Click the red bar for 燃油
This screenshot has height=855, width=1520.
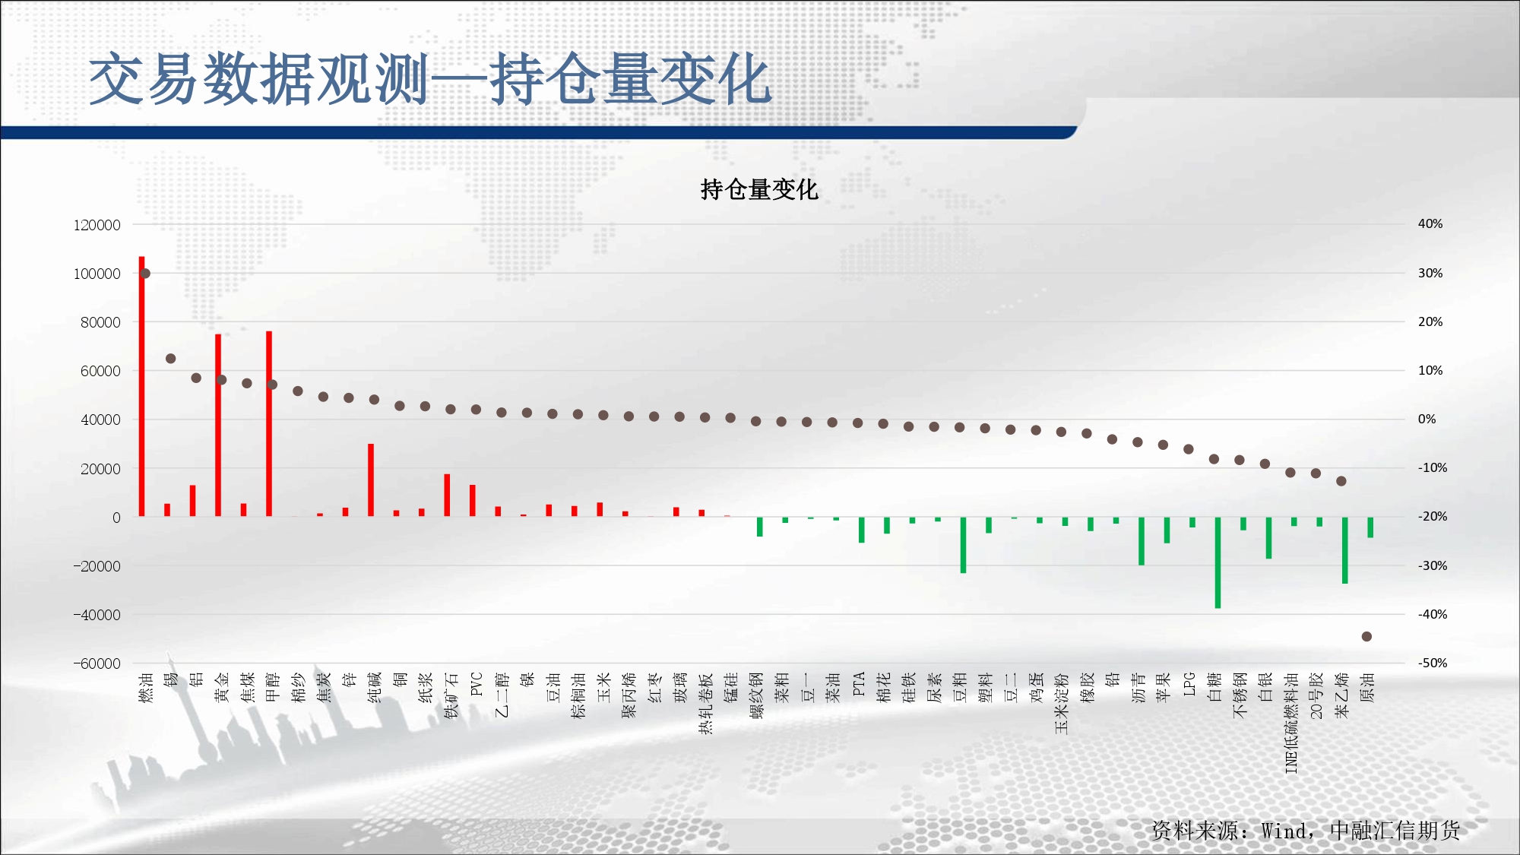point(141,387)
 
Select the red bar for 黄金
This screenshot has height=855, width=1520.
point(218,426)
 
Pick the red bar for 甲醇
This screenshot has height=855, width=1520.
point(269,424)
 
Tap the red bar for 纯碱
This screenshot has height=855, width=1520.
point(371,480)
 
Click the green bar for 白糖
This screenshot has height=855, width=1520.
point(1218,562)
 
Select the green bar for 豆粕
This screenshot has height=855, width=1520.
point(963,545)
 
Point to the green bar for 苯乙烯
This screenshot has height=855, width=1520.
point(1344,550)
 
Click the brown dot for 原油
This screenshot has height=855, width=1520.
point(1366,637)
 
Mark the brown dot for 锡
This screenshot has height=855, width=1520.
point(170,359)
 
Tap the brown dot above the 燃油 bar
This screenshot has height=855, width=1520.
point(145,274)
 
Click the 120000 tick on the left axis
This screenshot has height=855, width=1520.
point(97,225)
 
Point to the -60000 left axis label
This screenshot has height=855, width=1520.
point(97,663)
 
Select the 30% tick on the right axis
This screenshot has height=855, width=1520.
point(1430,273)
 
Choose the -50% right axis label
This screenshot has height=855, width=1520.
point(1433,663)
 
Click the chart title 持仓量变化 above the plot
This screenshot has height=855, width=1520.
point(759,189)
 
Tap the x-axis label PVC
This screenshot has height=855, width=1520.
point(477,684)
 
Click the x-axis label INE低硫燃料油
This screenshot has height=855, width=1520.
point(1291,723)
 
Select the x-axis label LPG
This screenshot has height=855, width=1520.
point(1189,684)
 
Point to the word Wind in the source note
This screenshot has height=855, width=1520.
point(1284,831)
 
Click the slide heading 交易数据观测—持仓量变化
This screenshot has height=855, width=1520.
point(430,79)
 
